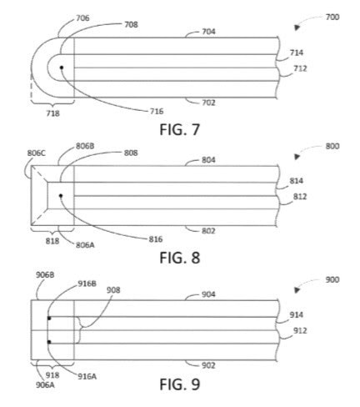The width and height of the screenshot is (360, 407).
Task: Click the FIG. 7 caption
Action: (x=179, y=129)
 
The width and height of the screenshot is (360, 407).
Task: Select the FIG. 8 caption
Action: (x=179, y=258)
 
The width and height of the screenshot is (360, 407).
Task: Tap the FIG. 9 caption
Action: (x=179, y=384)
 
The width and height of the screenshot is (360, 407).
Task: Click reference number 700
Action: (x=332, y=18)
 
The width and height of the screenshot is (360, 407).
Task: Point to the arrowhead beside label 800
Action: (x=297, y=157)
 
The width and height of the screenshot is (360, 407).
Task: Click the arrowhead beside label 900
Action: (x=297, y=290)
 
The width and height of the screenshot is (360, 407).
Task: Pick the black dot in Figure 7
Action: (x=62, y=68)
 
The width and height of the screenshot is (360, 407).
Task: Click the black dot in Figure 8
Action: (x=61, y=196)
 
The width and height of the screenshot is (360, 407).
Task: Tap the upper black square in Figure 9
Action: (x=49, y=318)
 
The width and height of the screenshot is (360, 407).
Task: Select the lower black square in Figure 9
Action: (x=49, y=342)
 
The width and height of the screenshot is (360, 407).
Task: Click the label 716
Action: (x=157, y=112)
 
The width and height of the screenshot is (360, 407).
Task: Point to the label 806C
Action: (x=37, y=153)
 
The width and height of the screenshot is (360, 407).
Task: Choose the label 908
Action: (x=113, y=290)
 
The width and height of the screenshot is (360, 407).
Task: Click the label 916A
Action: (x=87, y=376)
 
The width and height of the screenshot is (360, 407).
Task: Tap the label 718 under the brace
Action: (x=52, y=113)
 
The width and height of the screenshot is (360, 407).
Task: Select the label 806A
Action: (x=85, y=245)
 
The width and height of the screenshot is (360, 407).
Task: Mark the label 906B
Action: (x=45, y=275)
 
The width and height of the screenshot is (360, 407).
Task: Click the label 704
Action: (x=208, y=32)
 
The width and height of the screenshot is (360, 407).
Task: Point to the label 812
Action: (x=300, y=197)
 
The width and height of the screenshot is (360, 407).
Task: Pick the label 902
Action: (x=208, y=365)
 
